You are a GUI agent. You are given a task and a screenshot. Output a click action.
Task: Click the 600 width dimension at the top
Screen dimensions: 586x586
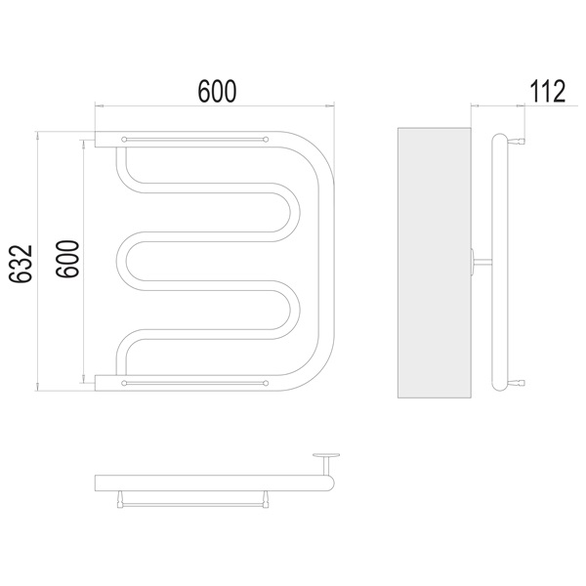tap(217, 91)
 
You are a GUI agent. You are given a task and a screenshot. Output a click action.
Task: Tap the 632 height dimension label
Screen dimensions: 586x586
tap(21, 264)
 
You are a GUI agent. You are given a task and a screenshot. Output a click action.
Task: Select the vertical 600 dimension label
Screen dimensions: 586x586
tap(67, 259)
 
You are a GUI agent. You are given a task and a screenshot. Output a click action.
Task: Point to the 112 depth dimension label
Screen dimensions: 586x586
tap(548, 91)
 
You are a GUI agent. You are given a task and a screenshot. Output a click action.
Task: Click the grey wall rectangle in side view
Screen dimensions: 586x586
tap(435, 263)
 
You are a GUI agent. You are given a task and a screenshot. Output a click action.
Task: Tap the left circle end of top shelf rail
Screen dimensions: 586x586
tap(124, 140)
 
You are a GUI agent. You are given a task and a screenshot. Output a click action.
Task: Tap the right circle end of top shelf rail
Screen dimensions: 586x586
tap(266, 140)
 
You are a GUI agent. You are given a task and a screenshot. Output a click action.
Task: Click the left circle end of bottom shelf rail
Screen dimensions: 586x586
tap(124, 383)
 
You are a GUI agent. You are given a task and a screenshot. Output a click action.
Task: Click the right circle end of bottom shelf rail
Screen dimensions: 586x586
tap(266, 383)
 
